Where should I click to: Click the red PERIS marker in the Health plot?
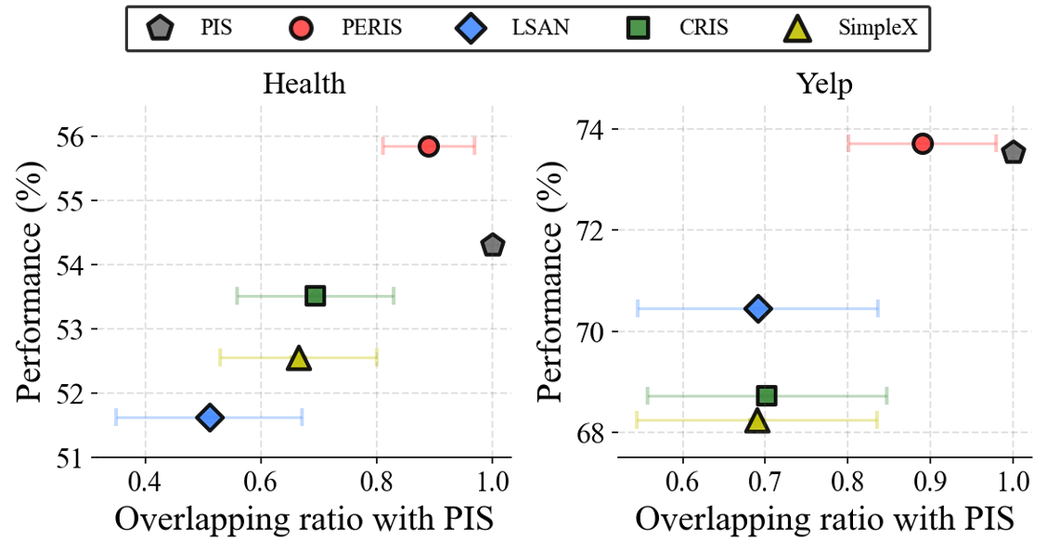tap(428, 146)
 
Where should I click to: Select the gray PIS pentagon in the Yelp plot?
tap(1014, 152)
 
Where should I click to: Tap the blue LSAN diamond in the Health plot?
tap(210, 418)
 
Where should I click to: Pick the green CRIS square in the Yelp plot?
tap(767, 396)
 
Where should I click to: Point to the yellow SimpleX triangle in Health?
tap(298, 358)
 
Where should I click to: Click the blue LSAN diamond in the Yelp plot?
tap(758, 309)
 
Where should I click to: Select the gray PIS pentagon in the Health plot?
tap(493, 245)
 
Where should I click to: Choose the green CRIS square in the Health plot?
tap(316, 296)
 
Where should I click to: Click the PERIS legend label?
tap(371, 28)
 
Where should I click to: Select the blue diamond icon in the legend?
tap(473, 29)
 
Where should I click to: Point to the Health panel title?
tap(304, 84)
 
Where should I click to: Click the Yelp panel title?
tap(825, 84)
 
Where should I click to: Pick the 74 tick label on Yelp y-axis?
tap(588, 129)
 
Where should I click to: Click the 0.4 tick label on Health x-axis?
tap(145, 483)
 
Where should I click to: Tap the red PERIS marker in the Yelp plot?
tap(923, 143)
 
